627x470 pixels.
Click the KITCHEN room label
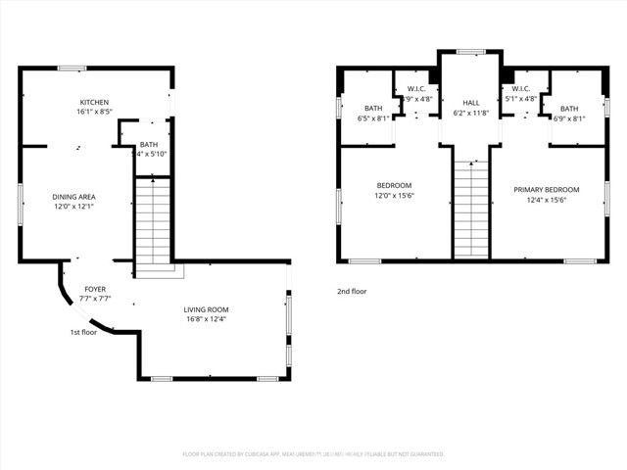click(x=94, y=103)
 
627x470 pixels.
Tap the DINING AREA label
click(x=73, y=197)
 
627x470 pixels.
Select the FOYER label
click(x=95, y=290)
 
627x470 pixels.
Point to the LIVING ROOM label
click(x=206, y=309)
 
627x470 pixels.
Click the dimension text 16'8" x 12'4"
click(x=206, y=319)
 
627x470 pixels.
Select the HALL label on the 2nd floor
click(x=470, y=103)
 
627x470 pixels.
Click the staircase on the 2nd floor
click(x=470, y=209)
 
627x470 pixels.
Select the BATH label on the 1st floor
click(x=148, y=144)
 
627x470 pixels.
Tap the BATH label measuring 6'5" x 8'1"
click(x=373, y=109)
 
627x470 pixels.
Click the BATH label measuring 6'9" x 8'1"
click(x=569, y=109)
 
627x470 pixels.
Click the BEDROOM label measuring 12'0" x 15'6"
click(x=394, y=186)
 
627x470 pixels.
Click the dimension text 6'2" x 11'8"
click(x=470, y=114)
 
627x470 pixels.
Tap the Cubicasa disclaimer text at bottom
click(x=313, y=454)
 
